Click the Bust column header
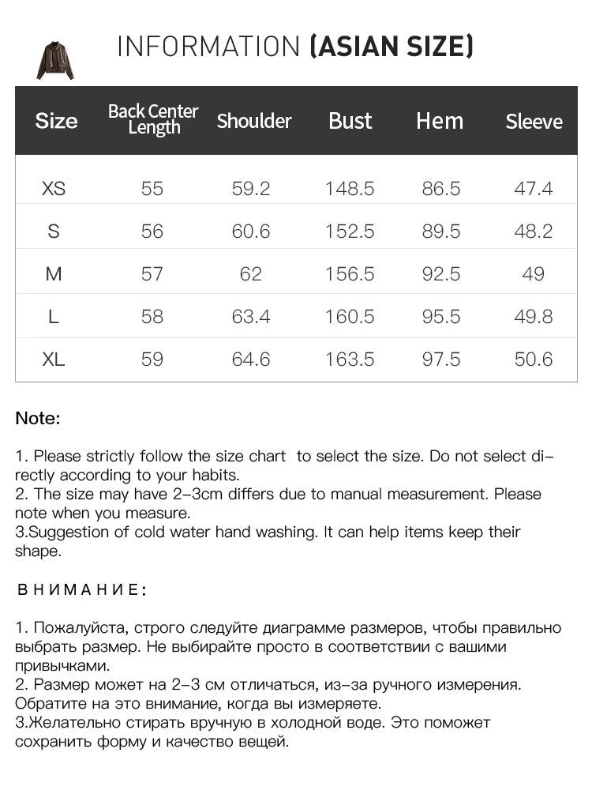[x=350, y=121]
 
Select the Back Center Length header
[x=153, y=119]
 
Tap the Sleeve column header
[x=534, y=122]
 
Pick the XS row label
[x=54, y=189]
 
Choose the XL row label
[x=54, y=359]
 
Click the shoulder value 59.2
[x=251, y=189]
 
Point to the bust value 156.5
[x=350, y=274]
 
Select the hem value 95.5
[x=440, y=317]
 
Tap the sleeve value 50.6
[x=534, y=359]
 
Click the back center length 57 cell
[x=152, y=274]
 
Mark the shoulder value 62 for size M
[x=251, y=274]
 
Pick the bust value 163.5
[x=350, y=359]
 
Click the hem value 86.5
[x=440, y=189]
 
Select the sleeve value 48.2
[x=534, y=231]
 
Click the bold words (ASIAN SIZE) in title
[x=392, y=47]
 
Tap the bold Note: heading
[x=37, y=419]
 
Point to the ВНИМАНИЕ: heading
[x=82, y=590]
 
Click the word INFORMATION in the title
[x=209, y=47]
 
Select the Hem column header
[x=440, y=121]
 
